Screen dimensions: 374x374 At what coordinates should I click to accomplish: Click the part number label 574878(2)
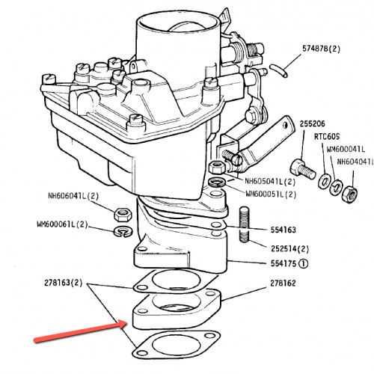click(x=321, y=49)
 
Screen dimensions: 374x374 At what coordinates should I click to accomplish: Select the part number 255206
click(x=312, y=123)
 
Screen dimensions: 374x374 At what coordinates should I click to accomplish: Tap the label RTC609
click(x=327, y=137)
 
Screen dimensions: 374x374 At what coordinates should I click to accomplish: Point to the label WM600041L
click(x=346, y=149)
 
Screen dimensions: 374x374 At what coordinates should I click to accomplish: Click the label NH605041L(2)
click(x=270, y=181)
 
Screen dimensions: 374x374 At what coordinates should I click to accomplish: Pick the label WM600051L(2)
click(x=271, y=194)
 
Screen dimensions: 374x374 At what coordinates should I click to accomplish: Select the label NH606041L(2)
click(x=73, y=196)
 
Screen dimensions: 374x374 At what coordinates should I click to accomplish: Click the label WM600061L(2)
click(x=63, y=224)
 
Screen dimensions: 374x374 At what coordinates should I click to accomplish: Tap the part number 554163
click(x=283, y=230)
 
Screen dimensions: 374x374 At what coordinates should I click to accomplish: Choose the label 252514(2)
click(x=289, y=248)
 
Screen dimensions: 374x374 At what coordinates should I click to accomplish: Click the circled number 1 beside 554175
click(x=303, y=263)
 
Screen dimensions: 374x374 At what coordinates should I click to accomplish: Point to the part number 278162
click(x=283, y=283)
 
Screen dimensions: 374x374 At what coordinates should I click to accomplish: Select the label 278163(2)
click(x=63, y=283)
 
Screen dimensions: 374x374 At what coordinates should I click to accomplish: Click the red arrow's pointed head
click(x=125, y=324)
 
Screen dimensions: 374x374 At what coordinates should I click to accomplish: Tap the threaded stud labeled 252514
click(x=244, y=224)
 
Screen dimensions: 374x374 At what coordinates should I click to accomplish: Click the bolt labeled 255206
click(x=303, y=170)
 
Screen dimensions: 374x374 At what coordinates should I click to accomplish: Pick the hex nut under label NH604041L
click(x=349, y=194)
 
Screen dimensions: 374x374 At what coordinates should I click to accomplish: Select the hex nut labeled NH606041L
click(x=123, y=215)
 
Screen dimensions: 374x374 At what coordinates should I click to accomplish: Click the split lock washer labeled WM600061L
click(x=123, y=232)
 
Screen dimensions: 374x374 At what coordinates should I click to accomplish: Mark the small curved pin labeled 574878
click(x=278, y=71)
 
